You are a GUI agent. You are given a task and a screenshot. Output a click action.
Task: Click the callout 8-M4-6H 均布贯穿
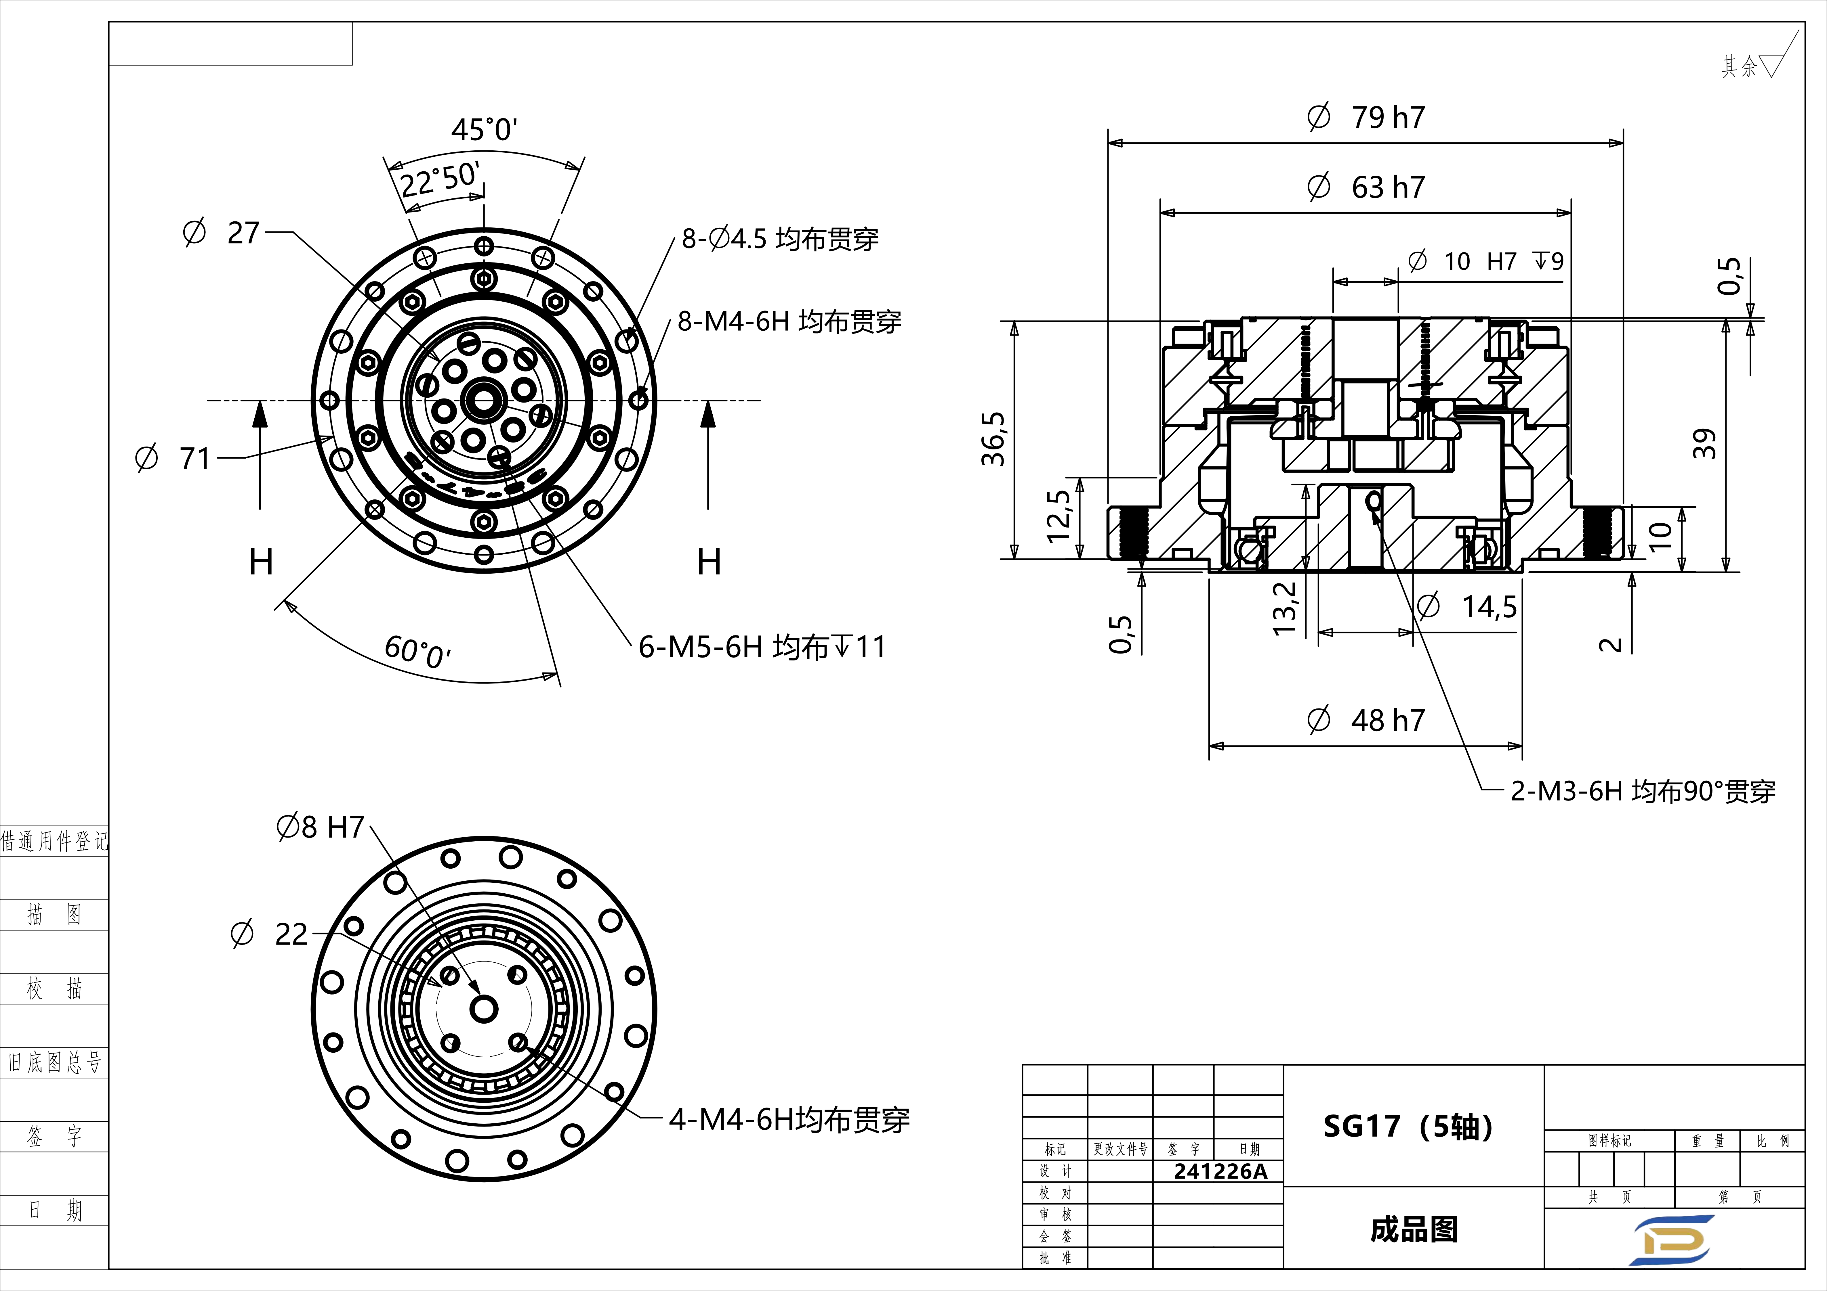click(789, 321)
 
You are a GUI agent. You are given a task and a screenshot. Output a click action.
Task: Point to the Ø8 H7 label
click(320, 827)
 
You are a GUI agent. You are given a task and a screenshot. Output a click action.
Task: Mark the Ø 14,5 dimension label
click(1466, 607)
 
